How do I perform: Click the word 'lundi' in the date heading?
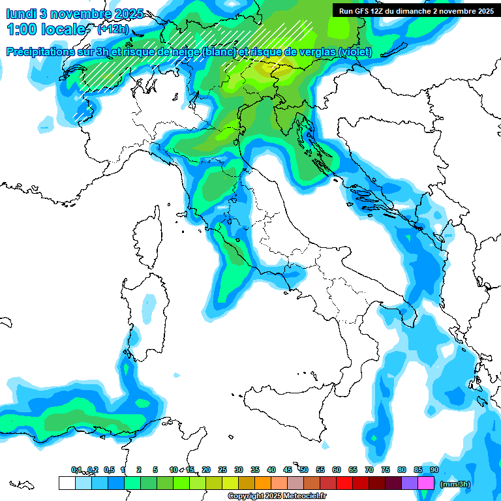[20, 14]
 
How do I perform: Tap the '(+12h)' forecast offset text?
[112, 29]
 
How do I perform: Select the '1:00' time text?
[21, 29]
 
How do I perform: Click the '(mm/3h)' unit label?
[455, 484]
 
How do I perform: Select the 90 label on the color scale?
[434, 470]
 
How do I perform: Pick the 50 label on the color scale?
[304, 470]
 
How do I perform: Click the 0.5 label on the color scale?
[108, 470]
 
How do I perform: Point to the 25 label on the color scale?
[222, 470]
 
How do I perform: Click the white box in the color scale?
[67, 483]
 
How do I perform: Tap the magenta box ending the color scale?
[426, 483]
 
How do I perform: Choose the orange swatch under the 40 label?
[263, 483]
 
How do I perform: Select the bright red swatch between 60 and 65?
[344, 483]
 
